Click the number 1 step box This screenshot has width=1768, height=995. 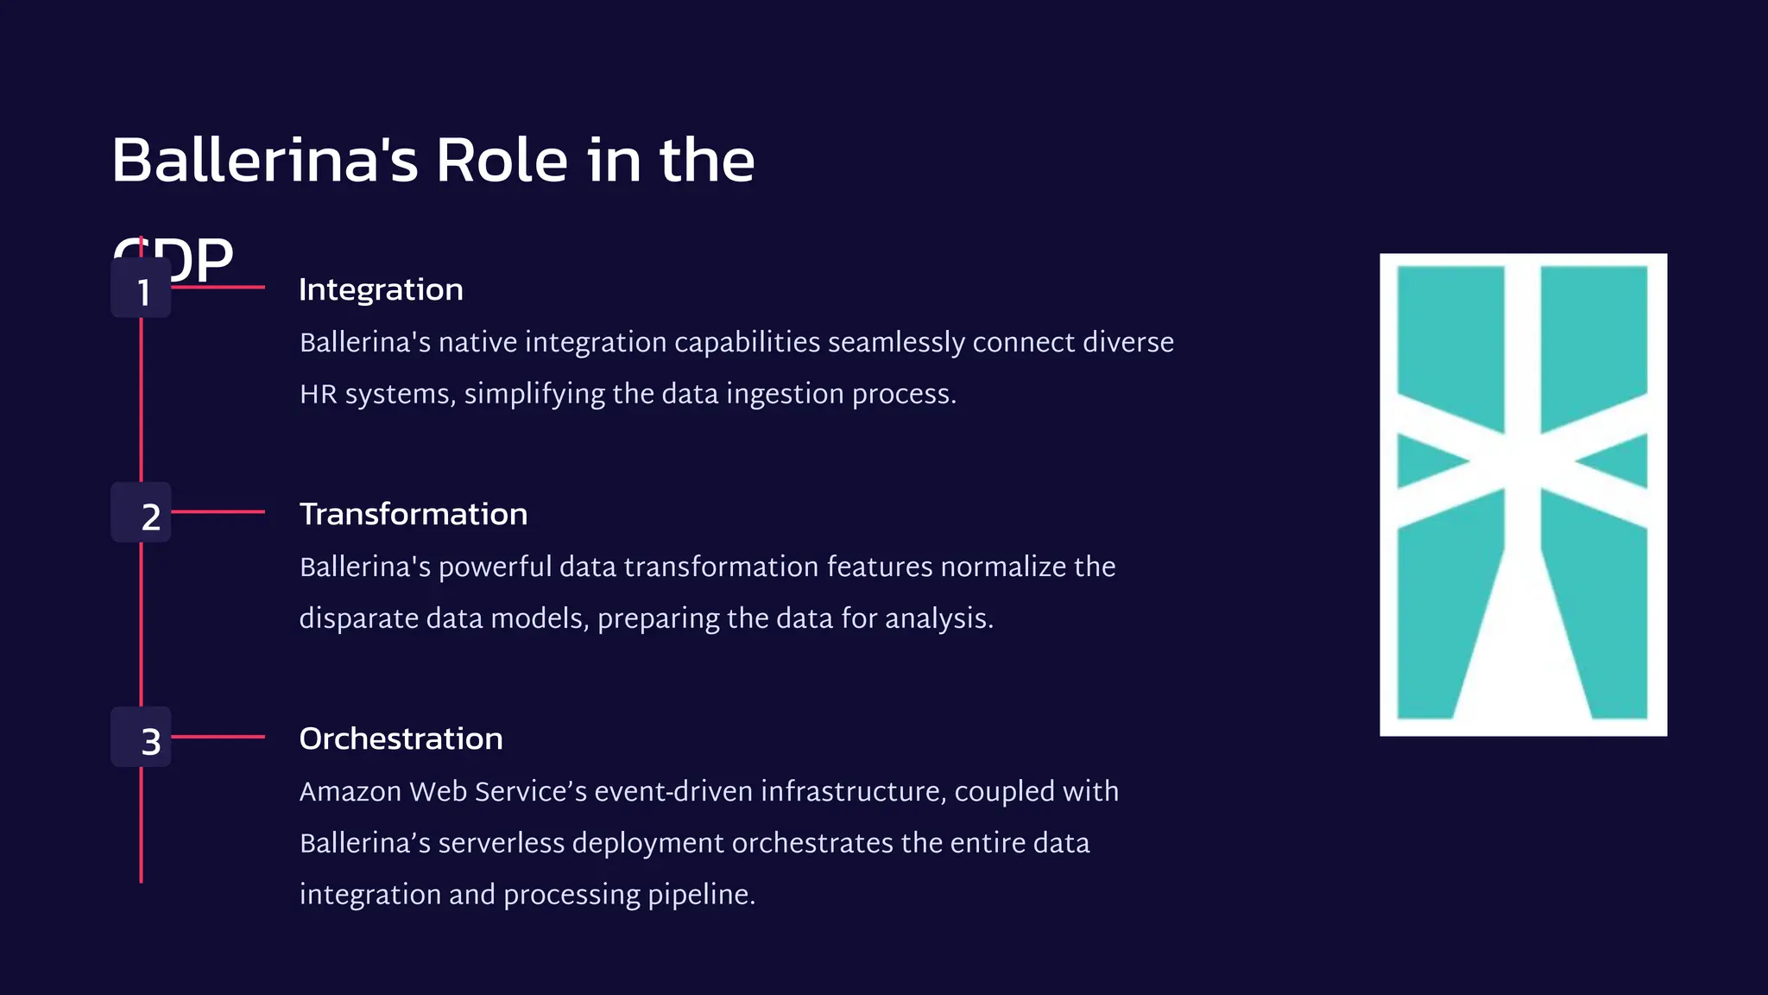tap(141, 288)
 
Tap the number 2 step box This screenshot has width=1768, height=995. tap(141, 513)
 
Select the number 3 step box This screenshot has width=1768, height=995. tap(141, 738)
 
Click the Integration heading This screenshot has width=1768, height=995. tap(381, 289)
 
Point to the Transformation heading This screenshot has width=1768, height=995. tap(413, 514)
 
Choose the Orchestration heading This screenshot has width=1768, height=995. tap(401, 738)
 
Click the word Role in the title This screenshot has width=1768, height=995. tap(502, 161)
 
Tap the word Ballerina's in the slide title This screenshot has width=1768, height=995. tap(265, 161)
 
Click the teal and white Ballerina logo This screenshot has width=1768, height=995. tap(1523, 494)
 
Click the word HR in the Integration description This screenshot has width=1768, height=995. tap(318, 395)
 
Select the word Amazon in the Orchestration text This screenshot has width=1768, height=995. tap(350, 791)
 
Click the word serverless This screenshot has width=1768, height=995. tap(501, 843)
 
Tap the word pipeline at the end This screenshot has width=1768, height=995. tap(698, 895)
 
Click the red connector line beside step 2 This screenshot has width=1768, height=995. tap(218, 512)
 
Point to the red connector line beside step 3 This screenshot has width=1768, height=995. tap(218, 737)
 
